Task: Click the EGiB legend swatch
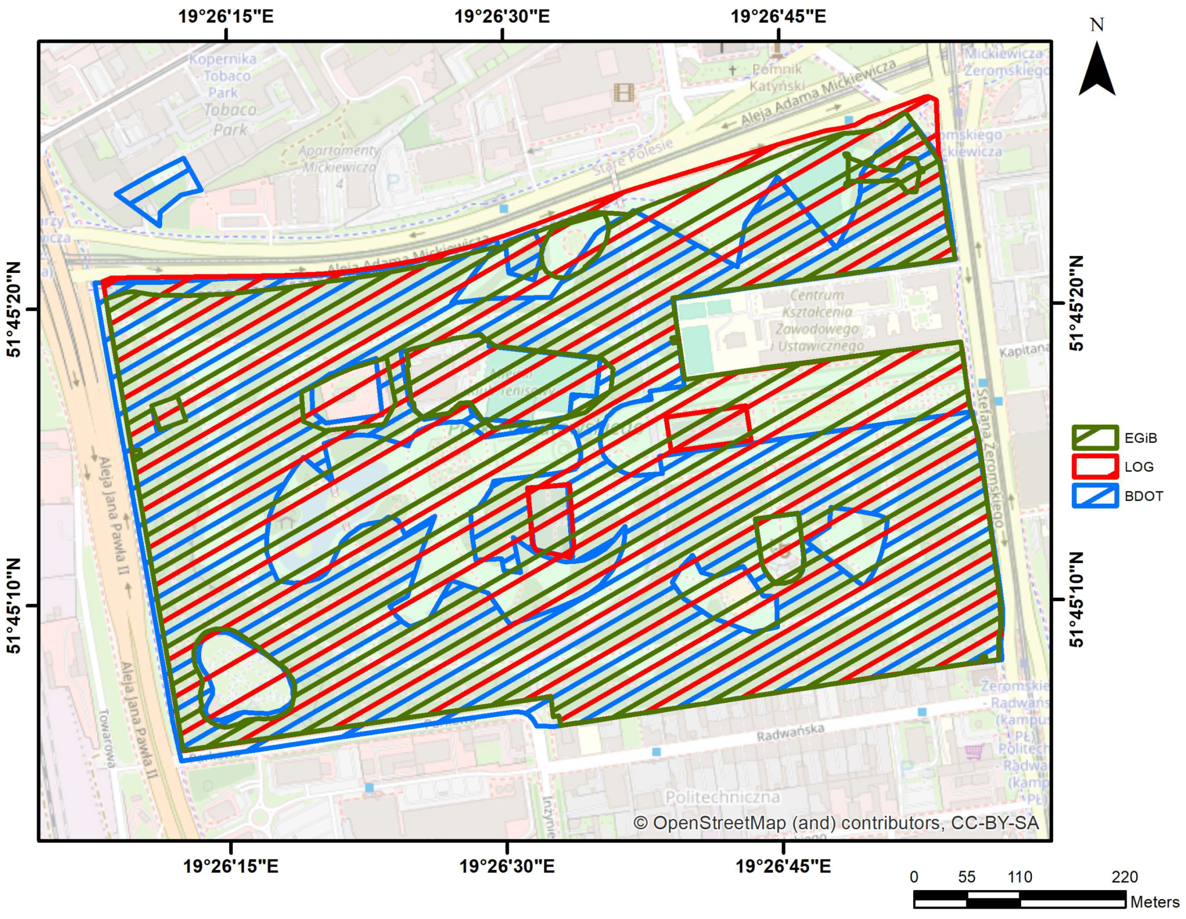[x=1095, y=438]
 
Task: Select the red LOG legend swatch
[x=1095, y=467]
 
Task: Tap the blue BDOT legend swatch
[x=1095, y=496]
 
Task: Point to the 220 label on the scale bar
[x=1124, y=877]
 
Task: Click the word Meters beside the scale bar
[x=1154, y=901]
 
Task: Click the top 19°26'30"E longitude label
[x=502, y=16]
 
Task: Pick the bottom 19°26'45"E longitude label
[x=783, y=866]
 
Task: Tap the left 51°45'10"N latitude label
[x=14, y=606]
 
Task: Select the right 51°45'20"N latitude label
[x=1076, y=303]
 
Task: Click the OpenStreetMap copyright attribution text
[x=836, y=823]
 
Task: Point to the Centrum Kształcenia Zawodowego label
[x=817, y=320]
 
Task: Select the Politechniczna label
[x=722, y=797]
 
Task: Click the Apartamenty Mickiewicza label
[x=339, y=159]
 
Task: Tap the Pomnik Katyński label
[x=777, y=77]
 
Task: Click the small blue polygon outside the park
[x=159, y=190]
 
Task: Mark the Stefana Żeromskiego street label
[x=991, y=458]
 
